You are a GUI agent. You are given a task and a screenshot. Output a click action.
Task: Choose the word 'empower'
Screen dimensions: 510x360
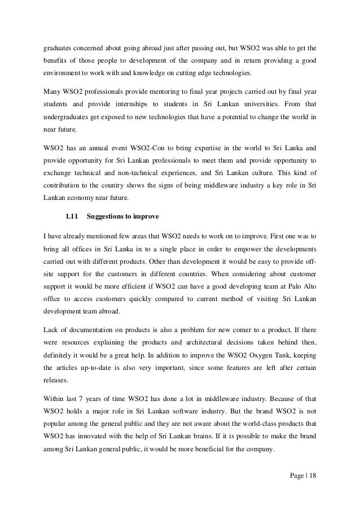coord(234,249)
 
